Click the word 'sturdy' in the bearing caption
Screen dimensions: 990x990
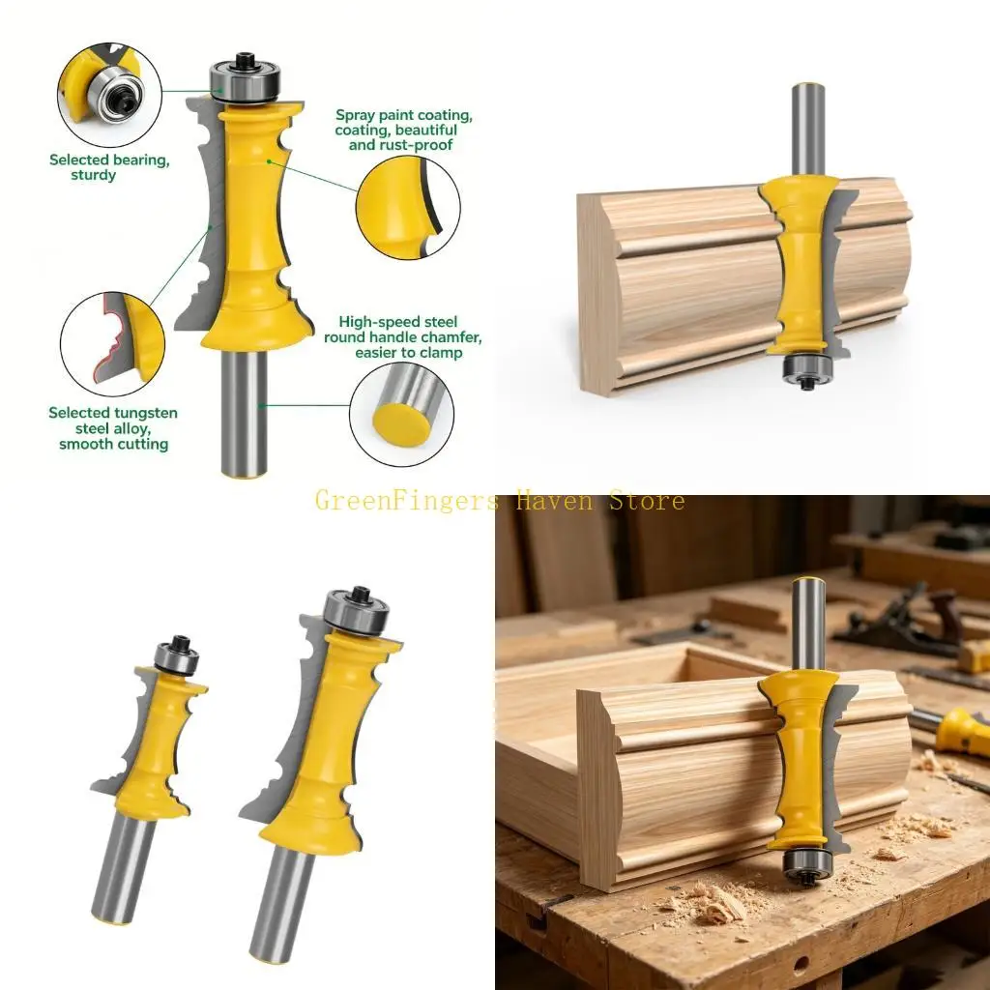coord(94,175)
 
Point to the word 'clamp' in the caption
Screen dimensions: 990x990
coord(440,353)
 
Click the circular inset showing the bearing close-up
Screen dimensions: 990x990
coord(109,95)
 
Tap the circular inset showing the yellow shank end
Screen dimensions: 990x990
coord(401,415)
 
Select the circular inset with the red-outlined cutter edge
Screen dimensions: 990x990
coord(112,344)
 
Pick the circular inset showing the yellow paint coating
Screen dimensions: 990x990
coord(408,208)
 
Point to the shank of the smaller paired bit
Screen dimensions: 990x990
coord(123,869)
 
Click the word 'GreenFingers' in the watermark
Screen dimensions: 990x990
coord(407,502)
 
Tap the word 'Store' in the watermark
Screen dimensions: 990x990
coord(647,501)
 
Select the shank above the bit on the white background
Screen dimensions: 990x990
coord(807,130)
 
